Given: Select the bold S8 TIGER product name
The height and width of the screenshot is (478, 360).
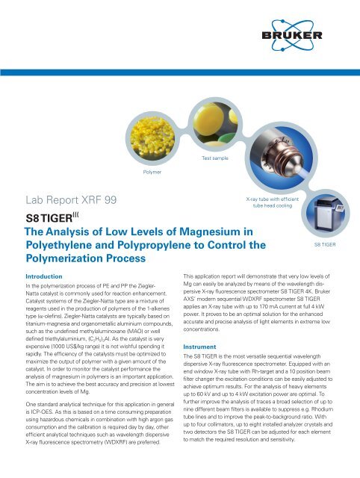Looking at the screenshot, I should pos(58,219).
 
